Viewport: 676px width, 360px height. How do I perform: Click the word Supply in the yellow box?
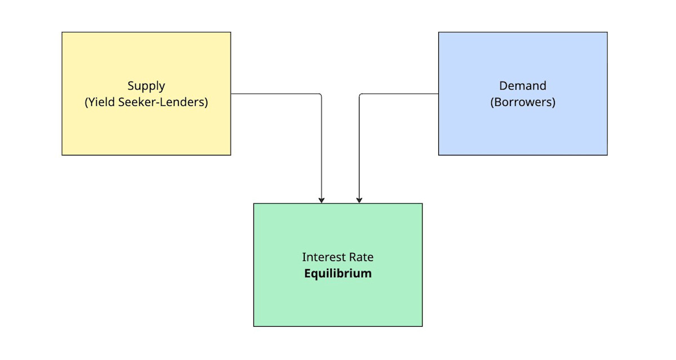[146, 86]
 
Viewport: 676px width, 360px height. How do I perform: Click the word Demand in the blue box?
[523, 86]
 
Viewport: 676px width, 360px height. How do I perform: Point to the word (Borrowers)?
[523, 103]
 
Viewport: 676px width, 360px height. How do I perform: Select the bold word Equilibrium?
[338, 274]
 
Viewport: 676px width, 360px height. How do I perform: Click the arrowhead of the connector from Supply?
[322, 199]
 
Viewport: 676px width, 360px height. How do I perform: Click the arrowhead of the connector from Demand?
[359, 199]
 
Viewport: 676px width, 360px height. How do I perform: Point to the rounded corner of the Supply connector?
[321, 95]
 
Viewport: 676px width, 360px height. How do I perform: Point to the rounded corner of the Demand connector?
[361, 95]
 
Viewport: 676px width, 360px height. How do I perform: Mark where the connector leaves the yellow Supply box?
[232, 94]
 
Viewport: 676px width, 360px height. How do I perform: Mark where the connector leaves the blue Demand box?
[438, 94]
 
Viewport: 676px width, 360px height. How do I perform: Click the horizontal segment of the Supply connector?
[276, 94]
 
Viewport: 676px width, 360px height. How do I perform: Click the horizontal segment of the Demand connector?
[400, 94]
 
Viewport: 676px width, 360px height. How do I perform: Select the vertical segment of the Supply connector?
[322, 146]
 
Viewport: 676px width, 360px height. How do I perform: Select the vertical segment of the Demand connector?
[359, 146]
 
